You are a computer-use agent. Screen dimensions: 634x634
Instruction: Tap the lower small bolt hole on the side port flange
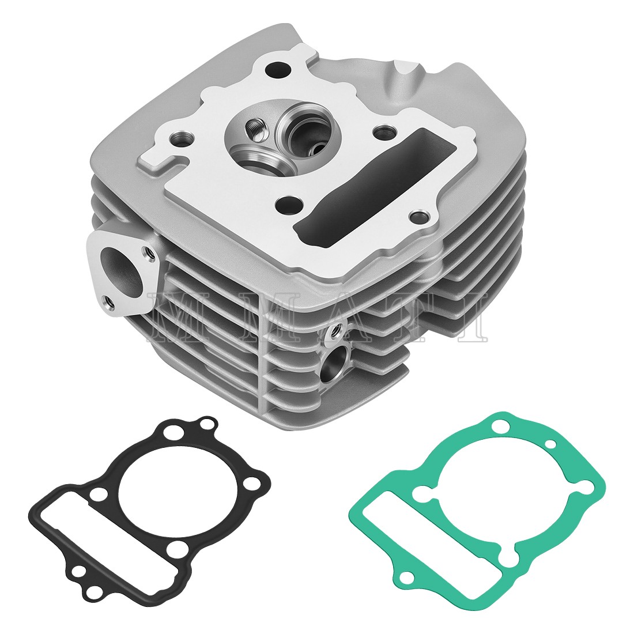pos(107,300)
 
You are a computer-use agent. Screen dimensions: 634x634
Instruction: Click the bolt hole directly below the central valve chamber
pos(290,204)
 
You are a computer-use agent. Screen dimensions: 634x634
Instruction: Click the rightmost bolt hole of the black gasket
pos(252,482)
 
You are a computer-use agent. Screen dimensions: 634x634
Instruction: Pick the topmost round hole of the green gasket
pos(501,427)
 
